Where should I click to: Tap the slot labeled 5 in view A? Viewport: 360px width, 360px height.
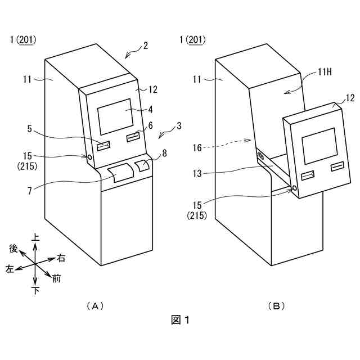[x=104, y=146]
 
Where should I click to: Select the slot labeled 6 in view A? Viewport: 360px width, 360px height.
[x=133, y=137]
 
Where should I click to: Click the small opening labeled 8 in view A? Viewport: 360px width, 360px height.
[x=142, y=165]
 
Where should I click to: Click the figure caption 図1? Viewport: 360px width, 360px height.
[x=180, y=320]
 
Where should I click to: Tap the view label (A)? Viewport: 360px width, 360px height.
[x=96, y=306]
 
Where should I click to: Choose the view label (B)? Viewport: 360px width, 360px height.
[x=276, y=306]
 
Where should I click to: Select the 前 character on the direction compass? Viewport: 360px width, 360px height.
[x=56, y=278]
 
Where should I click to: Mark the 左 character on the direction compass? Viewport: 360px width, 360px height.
[x=10, y=269]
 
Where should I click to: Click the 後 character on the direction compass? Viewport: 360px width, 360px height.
[x=13, y=248]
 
